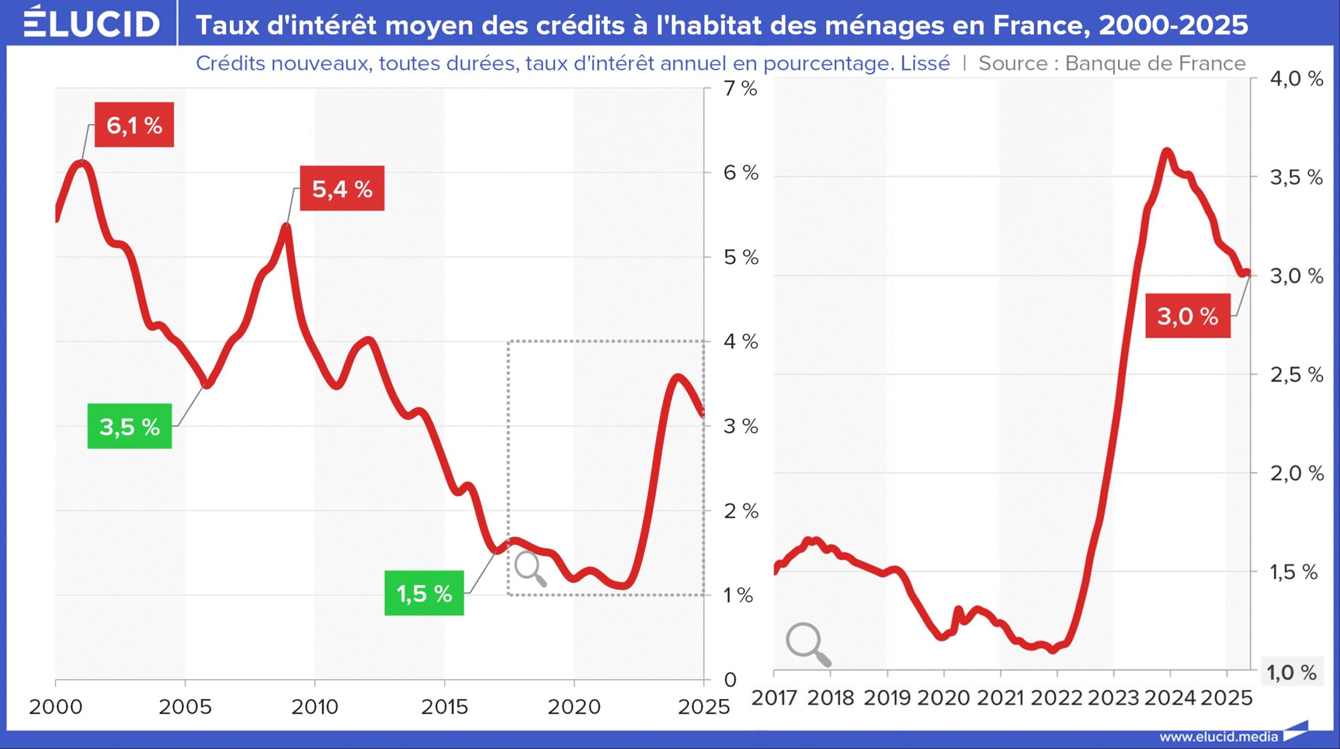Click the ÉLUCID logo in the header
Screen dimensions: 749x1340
point(92,24)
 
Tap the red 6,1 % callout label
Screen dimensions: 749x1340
point(134,125)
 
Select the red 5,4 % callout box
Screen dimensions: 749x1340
point(342,189)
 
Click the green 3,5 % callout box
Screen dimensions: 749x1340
point(129,426)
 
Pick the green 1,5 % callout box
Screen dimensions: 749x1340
point(424,593)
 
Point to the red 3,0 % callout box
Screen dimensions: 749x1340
point(1187,316)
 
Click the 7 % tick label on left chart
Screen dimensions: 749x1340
point(740,89)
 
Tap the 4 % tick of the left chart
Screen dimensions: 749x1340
point(740,342)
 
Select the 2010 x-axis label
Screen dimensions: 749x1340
point(315,707)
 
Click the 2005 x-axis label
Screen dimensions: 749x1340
point(185,707)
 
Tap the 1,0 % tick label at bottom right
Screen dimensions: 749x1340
point(1291,672)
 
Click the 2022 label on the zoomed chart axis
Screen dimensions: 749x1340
point(1056,698)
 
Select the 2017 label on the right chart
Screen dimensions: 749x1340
point(774,698)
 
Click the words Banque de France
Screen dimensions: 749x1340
point(1155,63)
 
